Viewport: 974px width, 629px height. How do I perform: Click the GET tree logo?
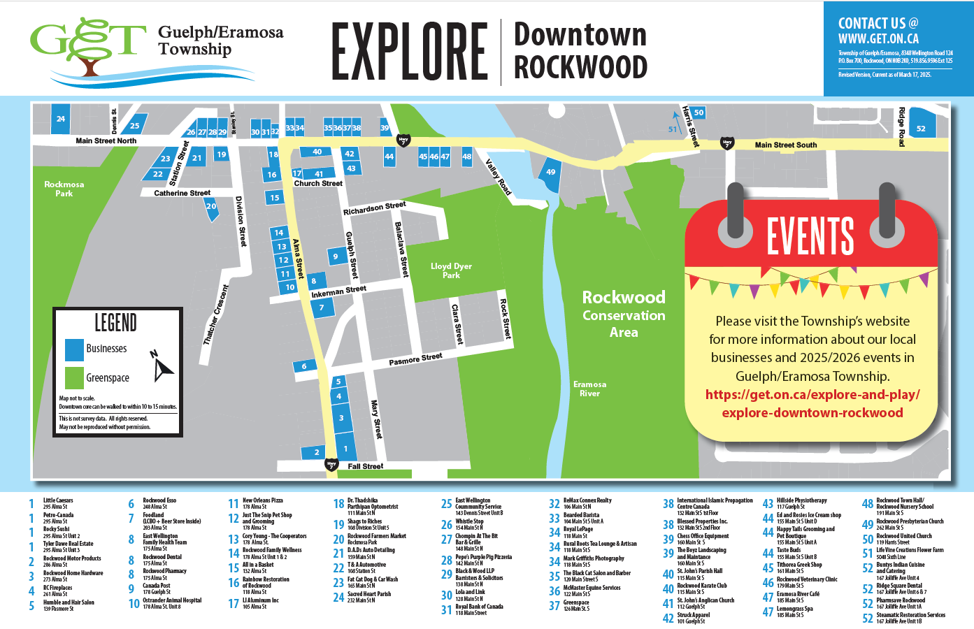(87, 45)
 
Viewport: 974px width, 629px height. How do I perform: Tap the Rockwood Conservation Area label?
(624, 314)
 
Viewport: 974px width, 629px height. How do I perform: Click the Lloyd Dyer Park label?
(451, 270)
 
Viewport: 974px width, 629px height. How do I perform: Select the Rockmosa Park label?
(64, 189)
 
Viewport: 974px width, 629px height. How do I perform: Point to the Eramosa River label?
(589, 389)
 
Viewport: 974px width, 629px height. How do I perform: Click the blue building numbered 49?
(551, 172)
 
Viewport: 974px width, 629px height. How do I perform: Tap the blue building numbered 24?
(61, 119)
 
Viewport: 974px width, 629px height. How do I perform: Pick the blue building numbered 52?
(921, 129)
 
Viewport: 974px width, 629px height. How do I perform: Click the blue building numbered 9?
(336, 256)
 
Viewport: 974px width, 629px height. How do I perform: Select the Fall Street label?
(365, 466)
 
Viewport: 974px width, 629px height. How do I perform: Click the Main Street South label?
(785, 145)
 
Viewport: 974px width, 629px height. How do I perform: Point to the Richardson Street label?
(374, 208)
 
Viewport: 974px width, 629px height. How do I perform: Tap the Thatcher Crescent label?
(215, 314)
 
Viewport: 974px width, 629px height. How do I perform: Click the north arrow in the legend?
(162, 366)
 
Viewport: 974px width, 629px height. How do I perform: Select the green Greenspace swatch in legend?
(74, 377)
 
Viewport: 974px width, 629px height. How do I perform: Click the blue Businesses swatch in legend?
(74, 349)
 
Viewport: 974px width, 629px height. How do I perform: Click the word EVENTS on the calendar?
(810, 236)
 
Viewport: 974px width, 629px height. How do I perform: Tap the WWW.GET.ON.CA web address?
(878, 39)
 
